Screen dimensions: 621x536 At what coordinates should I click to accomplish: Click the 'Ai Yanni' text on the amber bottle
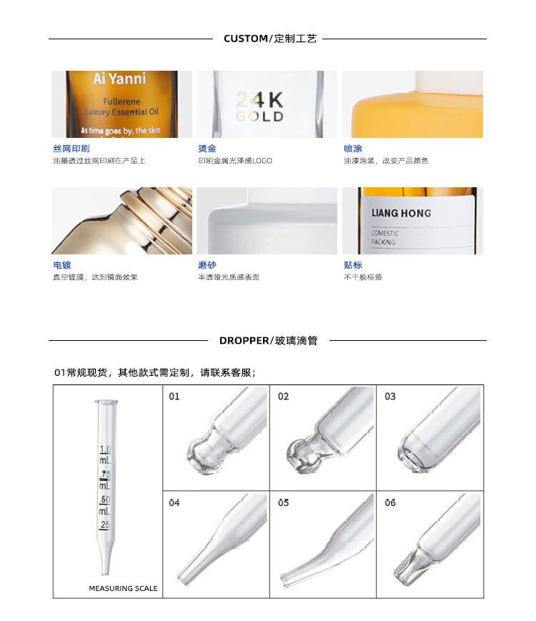click(119, 79)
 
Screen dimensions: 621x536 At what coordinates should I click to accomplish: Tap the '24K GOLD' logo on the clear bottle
click(259, 107)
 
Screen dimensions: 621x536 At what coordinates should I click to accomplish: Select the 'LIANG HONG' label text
click(401, 213)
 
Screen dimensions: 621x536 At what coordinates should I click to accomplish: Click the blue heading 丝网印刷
click(71, 149)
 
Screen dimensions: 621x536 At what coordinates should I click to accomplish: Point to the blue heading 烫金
click(207, 149)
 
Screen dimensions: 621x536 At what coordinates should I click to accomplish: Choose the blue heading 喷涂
click(353, 149)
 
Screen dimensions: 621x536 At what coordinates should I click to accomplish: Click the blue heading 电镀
click(62, 265)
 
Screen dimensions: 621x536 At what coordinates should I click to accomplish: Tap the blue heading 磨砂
click(207, 265)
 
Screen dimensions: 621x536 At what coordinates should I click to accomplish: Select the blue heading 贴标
click(353, 265)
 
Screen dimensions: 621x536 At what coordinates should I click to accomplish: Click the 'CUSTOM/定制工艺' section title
click(269, 39)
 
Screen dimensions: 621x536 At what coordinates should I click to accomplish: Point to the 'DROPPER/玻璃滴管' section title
click(268, 341)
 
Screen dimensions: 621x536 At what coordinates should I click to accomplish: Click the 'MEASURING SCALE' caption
click(123, 589)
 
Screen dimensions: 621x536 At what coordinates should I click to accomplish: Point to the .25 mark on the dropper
click(105, 525)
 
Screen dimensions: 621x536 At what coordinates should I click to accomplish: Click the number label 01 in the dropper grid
click(174, 397)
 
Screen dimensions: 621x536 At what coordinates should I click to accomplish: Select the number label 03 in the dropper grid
click(390, 397)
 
